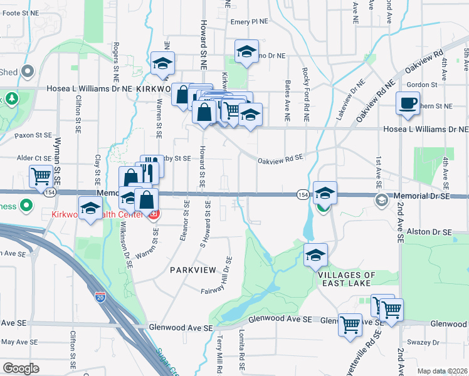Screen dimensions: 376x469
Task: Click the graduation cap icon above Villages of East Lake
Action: click(315, 255)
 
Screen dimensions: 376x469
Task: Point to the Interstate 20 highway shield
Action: click(100, 297)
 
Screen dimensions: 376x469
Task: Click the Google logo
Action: click(21, 368)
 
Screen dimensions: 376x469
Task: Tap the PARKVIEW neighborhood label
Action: click(192, 269)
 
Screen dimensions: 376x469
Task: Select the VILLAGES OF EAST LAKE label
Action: click(347, 279)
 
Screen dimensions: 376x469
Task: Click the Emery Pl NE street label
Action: click(249, 21)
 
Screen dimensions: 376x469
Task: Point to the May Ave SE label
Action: click(17, 342)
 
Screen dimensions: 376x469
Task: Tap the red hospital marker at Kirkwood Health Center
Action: click(153, 216)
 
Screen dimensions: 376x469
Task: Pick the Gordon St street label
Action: click(421, 85)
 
